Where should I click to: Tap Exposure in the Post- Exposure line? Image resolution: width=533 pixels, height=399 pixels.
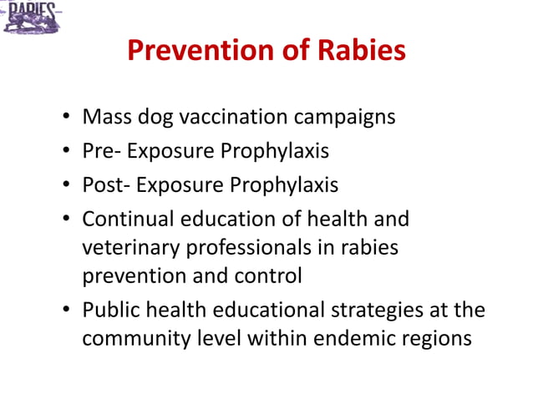click(x=178, y=185)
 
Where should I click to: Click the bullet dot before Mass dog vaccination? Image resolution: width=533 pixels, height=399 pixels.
click(x=65, y=118)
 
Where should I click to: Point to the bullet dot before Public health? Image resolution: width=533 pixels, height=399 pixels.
click(x=65, y=311)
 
